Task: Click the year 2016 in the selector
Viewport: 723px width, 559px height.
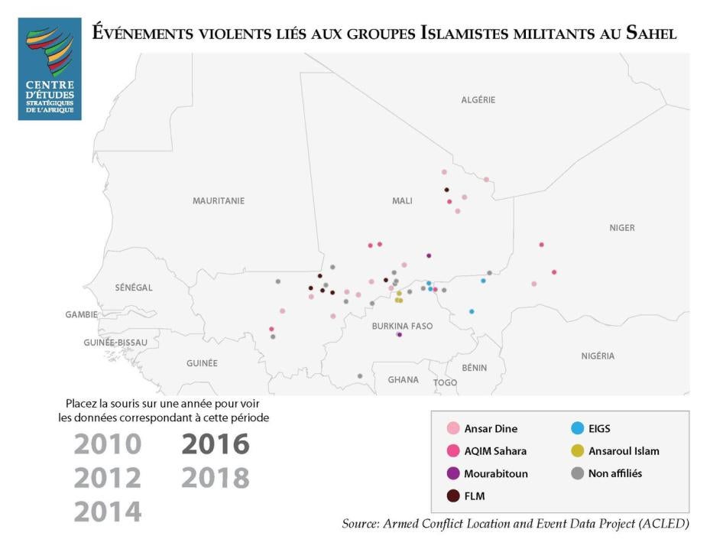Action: [x=216, y=444]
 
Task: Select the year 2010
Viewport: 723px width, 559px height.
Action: [x=108, y=444]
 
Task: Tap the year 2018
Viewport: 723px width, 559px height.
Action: [x=216, y=478]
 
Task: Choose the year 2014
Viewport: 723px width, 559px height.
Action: [x=108, y=512]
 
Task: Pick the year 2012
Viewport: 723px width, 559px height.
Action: [x=108, y=478]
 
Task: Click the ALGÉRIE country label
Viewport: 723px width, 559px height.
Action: [x=478, y=100]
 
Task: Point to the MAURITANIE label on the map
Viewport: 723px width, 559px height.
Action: [x=219, y=201]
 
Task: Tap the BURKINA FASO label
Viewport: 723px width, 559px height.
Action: [x=402, y=327]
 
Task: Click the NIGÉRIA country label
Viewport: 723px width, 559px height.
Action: [x=598, y=356]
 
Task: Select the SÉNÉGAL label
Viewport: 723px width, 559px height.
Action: [x=134, y=288]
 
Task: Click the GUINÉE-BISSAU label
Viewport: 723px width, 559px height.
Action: [x=115, y=343]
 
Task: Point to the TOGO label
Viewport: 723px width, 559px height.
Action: [x=445, y=383]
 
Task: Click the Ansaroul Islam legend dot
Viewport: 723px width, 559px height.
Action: [x=578, y=451]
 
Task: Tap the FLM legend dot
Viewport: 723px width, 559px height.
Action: [x=453, y=496]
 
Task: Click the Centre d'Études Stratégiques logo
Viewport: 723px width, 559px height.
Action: [x=50, y=70]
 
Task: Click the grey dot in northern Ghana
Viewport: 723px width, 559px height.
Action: [x=360, y=376]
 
